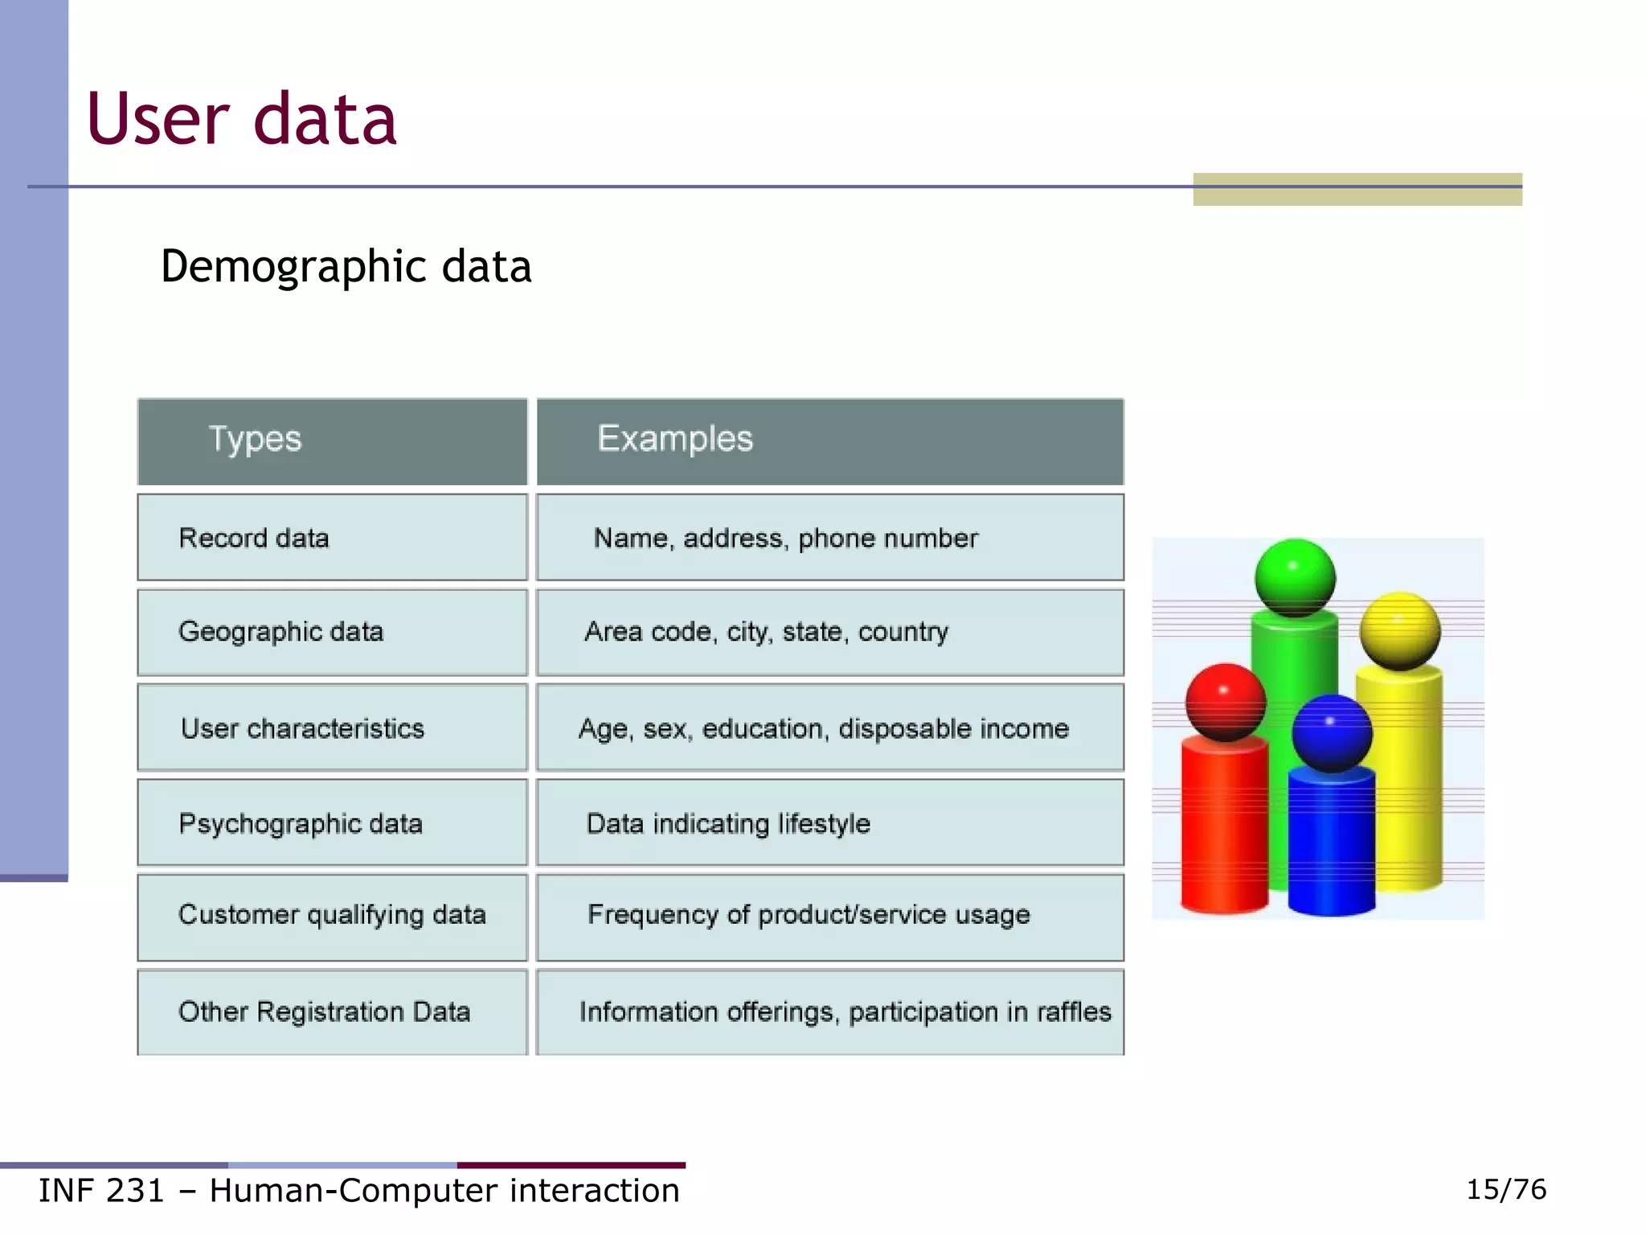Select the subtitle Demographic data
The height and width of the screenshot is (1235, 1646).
pos(346,266)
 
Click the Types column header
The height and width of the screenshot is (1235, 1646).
pos(255,439)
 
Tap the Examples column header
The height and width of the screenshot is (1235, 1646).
pos(674,439)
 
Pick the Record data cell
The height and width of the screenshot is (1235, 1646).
pos(253,538)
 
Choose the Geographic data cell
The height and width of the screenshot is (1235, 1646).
pos(280,632)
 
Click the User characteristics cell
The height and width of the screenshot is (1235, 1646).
pos(302,728)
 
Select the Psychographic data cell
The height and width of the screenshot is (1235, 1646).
pos(300,823)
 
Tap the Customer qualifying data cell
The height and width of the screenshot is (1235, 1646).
pos(331,915)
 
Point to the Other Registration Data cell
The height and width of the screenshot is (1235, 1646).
pos(324,1011)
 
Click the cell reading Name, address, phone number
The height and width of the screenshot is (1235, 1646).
pos(785,538)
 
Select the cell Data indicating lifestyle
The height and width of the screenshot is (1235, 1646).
pos(727,823)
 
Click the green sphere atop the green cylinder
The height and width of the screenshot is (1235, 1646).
pos(1295,577)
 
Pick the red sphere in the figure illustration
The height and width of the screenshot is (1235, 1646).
pos(1225,701)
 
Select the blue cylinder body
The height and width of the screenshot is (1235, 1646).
pos(1331,844)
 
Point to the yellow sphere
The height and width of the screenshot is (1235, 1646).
pos(1400,630)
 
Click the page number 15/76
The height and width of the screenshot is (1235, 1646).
pos(1505,1189)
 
